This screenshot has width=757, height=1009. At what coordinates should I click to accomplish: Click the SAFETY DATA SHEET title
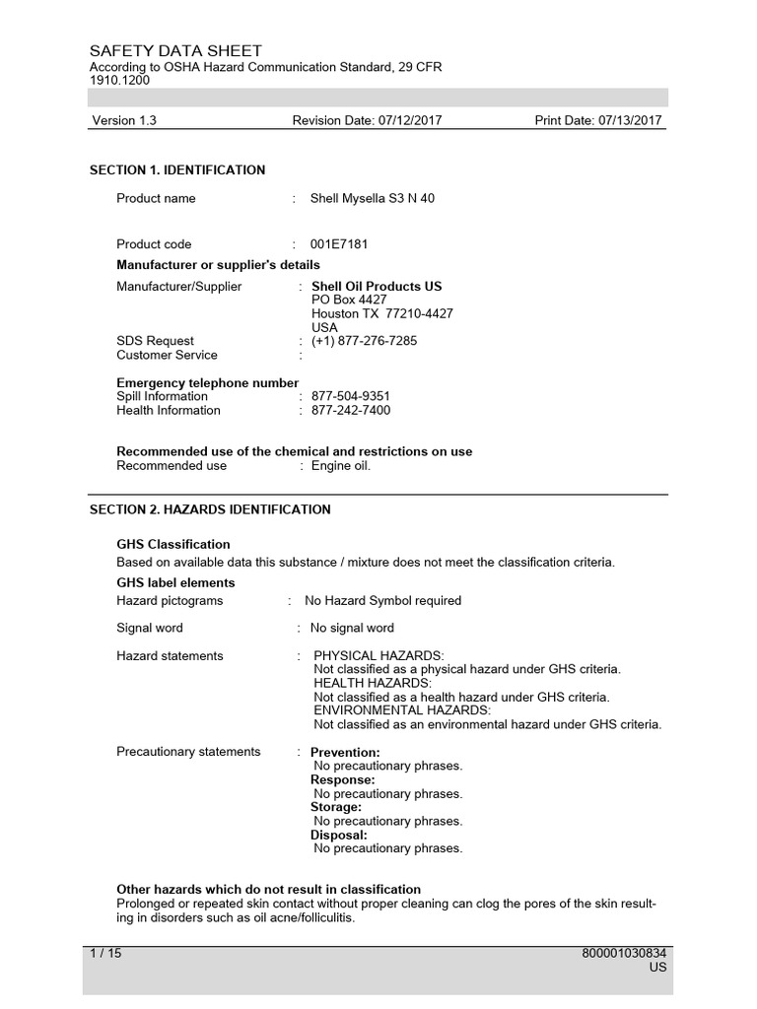pyautogui.click(x=175, y=50)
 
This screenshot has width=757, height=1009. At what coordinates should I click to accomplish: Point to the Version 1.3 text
pyautogui.click(x=124, y=121)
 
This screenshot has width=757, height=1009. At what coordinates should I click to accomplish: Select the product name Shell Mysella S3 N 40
pyautogui.click(x=373, y=198)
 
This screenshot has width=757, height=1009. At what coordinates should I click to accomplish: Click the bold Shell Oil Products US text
pyautogui.click(x=377, y=287)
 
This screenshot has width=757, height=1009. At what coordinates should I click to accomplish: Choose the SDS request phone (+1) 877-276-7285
pyautogui.click(x=364, y=341)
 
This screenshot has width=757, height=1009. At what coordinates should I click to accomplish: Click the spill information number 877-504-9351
pyautogui.click(x=351, y=396)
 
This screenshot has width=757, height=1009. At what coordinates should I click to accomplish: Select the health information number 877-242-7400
pyautogui.click(x=351, y=410)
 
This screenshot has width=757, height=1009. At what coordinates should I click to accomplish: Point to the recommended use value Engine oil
pyautogui.click(x=341, y=466)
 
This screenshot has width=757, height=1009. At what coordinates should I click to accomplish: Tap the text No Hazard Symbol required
pyautogui.click(x=383, y=600)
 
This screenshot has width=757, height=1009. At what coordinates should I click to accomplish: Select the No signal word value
pyautogui.click(x=352, y=628)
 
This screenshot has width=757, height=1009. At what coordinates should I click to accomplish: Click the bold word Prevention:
pyautogui.click(x=345, y=753)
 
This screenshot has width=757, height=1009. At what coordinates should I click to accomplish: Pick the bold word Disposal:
pyautogui.click(x=339, y=835)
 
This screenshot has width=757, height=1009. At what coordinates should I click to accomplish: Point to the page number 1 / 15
pyautogui.click(x=105, y=954)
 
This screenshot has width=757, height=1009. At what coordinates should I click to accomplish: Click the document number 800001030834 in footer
pyautogui.click(x=625, y=954)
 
